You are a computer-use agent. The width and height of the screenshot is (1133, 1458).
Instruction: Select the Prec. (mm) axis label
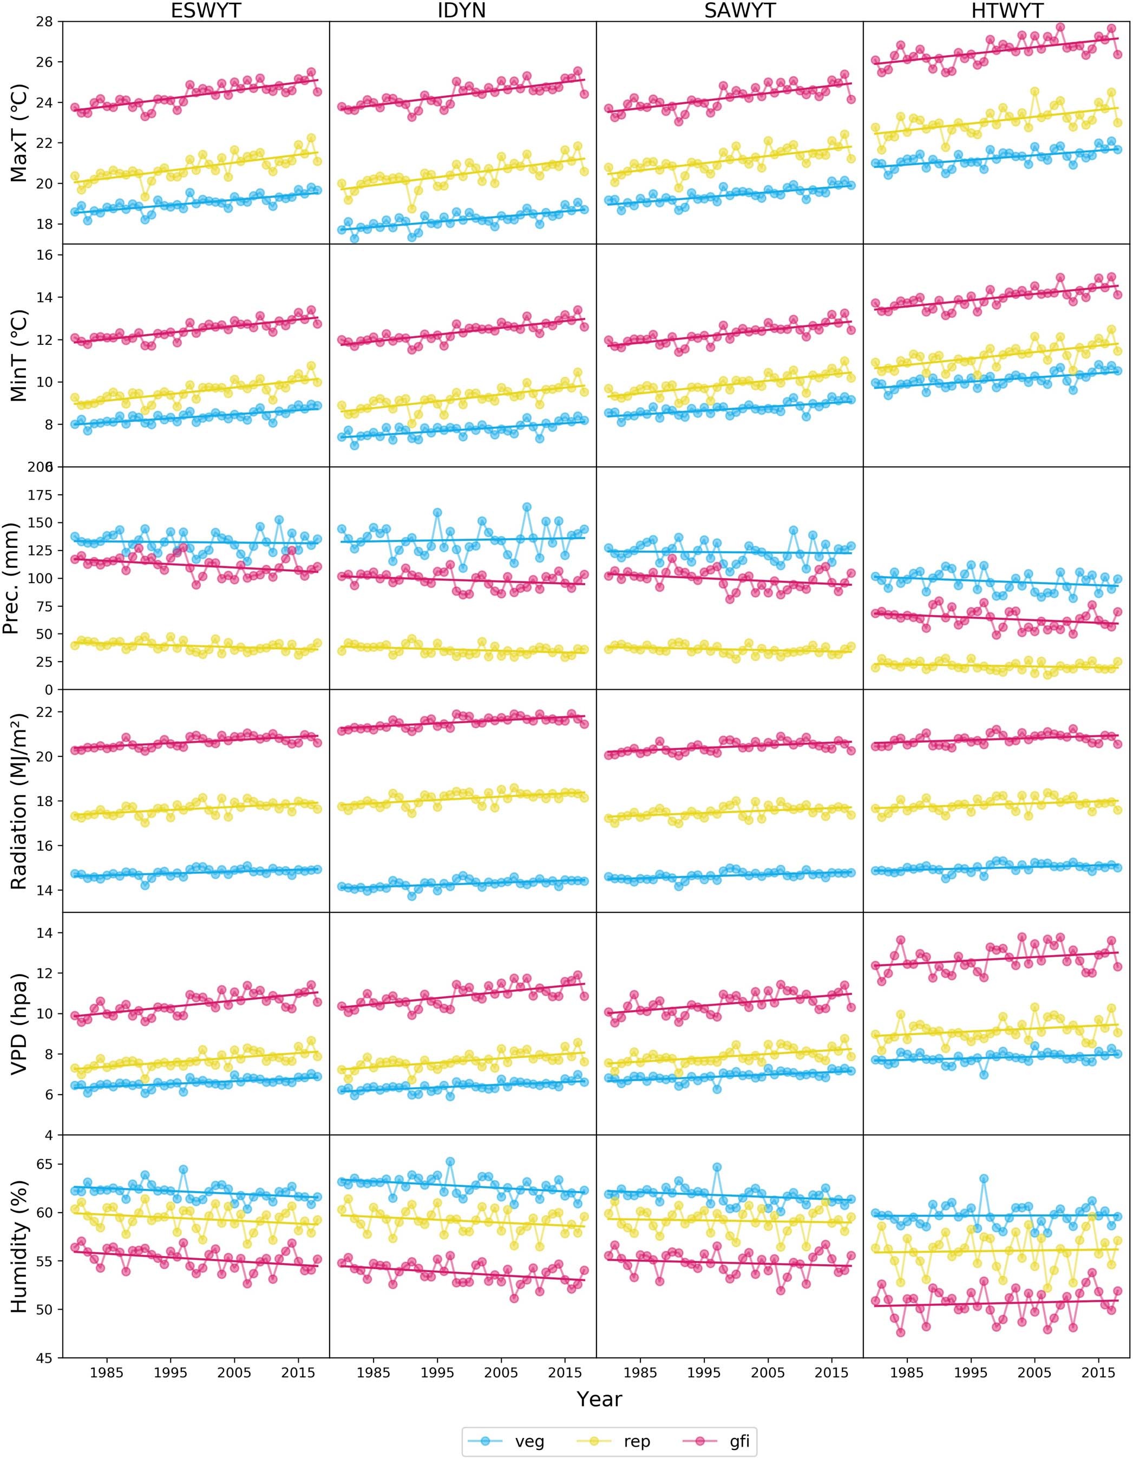pyautogui.click(x=11, y=578)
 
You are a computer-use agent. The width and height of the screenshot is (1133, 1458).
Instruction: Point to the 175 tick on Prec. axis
pyautogui.click(x=40, y=495)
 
